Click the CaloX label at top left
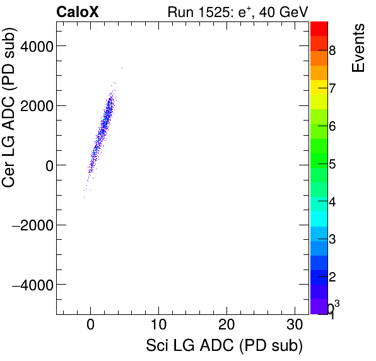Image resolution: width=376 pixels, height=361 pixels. (x=78, y=11)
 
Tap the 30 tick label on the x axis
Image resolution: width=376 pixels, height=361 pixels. (x=295, y=326)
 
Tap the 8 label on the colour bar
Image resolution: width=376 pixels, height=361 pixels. (x=332, y=50)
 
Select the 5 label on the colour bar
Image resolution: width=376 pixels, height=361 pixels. (x=332, y=164)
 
